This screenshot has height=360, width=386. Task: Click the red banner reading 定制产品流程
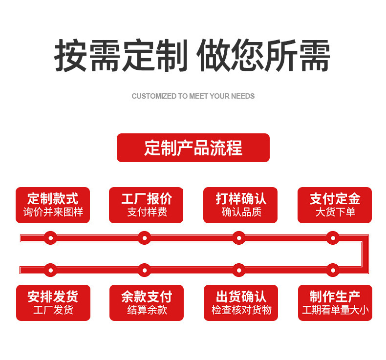tap(193, 148)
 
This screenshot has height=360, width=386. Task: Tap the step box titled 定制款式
tap(53, 205)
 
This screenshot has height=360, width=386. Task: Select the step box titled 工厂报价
tap(146, 205)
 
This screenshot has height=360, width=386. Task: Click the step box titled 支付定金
tap(335, 205)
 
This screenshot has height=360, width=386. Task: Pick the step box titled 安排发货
tap(53, 302)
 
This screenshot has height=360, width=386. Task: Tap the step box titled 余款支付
tap(146, 302)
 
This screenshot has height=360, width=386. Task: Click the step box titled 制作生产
tap(335, 302)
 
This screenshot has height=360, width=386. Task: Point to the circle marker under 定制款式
tap(50, 238)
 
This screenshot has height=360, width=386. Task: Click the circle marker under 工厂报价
tap(144, 238)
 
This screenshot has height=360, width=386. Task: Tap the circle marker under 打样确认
tap(238, 238)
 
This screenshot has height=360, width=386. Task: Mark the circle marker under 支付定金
tap(333, 238)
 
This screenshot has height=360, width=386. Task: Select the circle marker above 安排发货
tap(50, 270)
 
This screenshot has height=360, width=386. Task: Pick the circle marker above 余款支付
tap(144, 270)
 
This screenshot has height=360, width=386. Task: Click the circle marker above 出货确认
tap(238, 270)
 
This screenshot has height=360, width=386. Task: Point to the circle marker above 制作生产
tap(333, 270)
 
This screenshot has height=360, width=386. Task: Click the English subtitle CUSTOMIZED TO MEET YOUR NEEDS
tap(193, 96)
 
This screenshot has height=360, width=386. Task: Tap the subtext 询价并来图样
tap(53, 212)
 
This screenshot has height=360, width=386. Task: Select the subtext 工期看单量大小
tap(335, 310)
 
